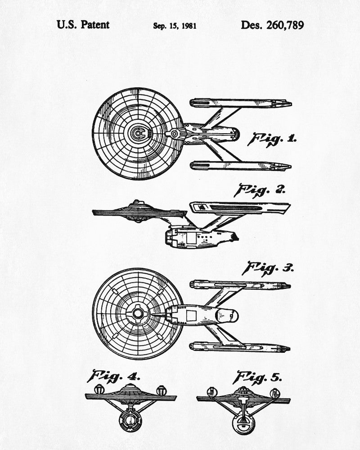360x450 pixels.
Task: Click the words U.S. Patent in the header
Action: [83, 25]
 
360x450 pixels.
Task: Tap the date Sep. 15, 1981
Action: [175, 26]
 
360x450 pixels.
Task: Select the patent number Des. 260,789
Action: [272, 25]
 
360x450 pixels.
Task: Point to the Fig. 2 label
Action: [259, 190]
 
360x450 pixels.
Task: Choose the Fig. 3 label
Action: [268, 269]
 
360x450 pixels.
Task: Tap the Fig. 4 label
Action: [114, 376]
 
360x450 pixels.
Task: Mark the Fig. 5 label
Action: [257, 378]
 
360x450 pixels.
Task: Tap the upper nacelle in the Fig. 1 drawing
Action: [241, 103]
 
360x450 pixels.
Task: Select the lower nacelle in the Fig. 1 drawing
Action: [241, 166]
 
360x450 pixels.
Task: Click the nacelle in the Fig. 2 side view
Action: [240, 208]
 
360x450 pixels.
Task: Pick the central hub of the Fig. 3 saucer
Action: [138, 313]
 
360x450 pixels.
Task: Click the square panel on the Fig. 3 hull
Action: [191, 315]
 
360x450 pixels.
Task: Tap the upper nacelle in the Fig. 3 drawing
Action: [240, 285]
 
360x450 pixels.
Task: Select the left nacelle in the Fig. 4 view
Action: [99, 389]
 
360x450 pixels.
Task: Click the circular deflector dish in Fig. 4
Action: [130, 421]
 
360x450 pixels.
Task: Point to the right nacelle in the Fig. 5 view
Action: [275, 393]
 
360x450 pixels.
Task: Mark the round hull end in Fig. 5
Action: [243, 423]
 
